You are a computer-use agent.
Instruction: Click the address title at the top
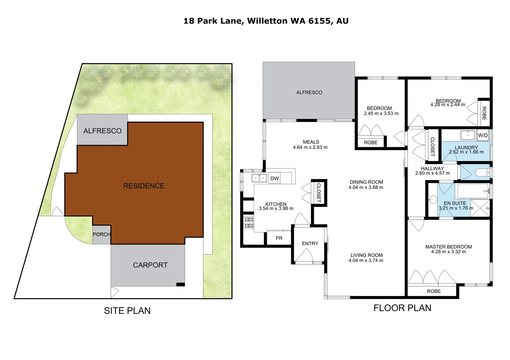(x=266, y=21)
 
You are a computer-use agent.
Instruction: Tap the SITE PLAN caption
(x=127, y=311)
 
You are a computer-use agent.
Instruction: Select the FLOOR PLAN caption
(x=402, y=308)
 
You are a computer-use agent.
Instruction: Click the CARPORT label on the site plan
(x=150, y=265)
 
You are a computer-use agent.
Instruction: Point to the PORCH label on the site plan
(x=101, y=234)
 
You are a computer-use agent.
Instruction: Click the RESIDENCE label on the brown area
(x=144, y=186)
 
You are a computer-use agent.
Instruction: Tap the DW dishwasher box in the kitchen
(x=275, y=178)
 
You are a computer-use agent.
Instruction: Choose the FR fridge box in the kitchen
(x=279, y=238)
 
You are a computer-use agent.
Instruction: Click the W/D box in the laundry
(x=483, y=135)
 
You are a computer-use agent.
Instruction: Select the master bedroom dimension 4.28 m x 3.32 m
(x=448, y=252)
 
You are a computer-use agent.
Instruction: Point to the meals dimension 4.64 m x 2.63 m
(x=310, y=147)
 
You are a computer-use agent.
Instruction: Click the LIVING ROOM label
(x=366, y=255)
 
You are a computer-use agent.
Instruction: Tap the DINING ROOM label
(x=366, y=182)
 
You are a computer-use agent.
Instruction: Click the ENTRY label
(x=310, y=243)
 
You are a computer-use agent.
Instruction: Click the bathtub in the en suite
(x=473, y=191)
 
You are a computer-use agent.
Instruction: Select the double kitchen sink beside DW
(x=260, y=178)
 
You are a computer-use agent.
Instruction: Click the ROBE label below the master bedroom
(x=434, y=291)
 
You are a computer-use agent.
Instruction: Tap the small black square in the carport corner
(x=180, y=284)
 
